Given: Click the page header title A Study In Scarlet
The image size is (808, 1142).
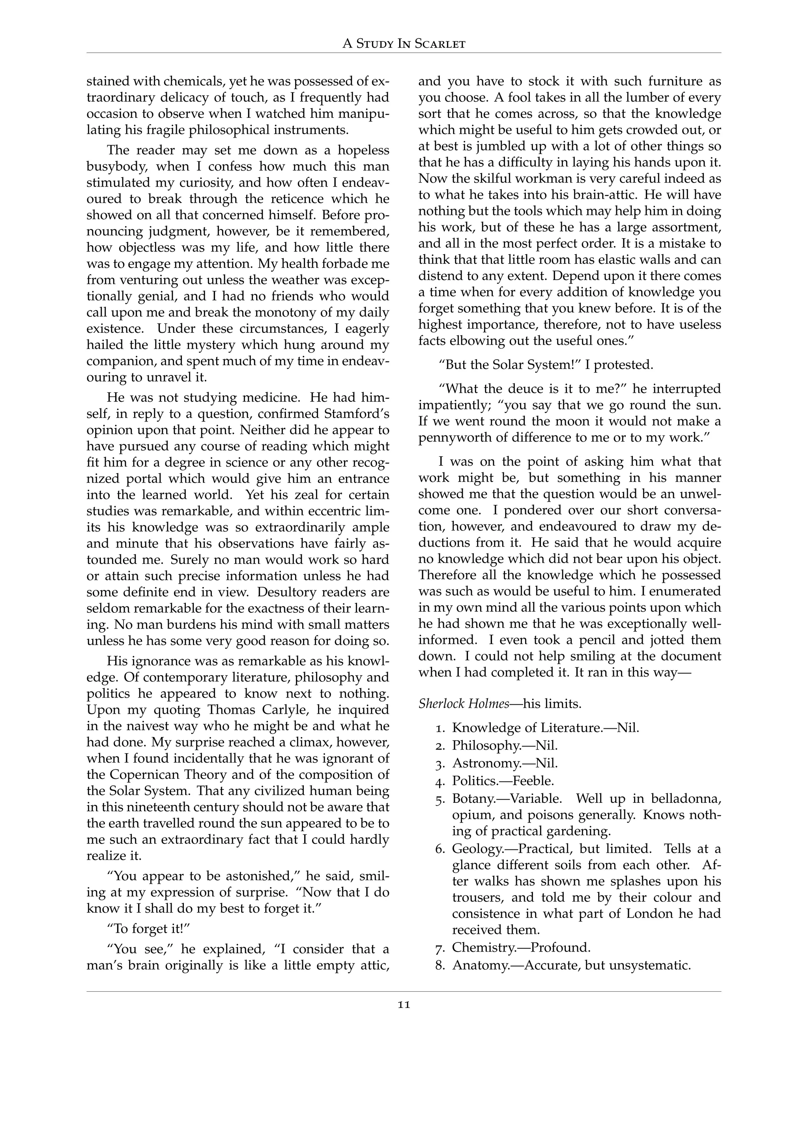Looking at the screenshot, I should [404, 44].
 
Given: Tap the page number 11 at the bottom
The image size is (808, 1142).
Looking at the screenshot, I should [404, 1004].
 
